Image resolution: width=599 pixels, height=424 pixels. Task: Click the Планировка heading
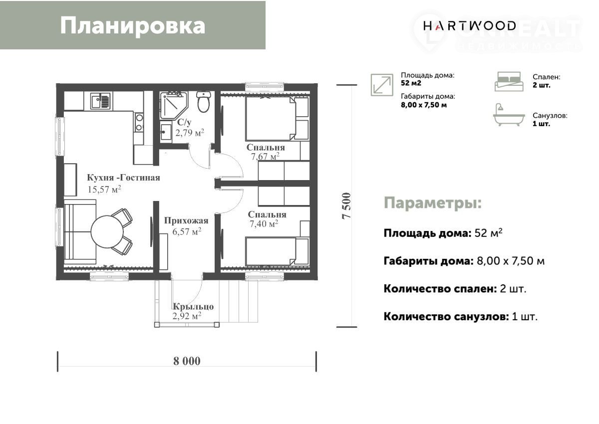pos(133,25)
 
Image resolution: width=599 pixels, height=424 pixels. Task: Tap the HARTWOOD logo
pos(469,26)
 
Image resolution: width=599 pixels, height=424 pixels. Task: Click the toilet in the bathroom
pos(204,102)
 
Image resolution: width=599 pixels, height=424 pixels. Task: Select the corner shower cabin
pos(174,105)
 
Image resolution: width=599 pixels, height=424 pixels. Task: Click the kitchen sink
pos(100,101)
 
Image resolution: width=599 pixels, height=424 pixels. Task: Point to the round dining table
pos(107,231)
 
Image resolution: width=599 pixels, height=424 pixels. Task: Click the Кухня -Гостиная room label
pos(124,178)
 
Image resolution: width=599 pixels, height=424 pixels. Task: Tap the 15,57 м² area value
pos(104,189)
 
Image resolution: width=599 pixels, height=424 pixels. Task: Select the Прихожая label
pos(186,220)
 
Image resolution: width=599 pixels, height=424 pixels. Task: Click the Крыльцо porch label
pos(193,306)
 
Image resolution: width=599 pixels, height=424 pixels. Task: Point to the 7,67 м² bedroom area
pos(265,156)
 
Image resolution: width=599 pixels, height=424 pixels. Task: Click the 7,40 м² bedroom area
pos(264,223)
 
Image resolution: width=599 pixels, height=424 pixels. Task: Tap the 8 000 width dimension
pos(187,361)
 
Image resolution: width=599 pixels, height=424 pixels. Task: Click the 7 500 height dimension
pos(346,206)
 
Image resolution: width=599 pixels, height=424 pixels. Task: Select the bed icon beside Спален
pos(509,81)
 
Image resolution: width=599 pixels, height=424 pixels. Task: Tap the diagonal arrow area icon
pos(382,85)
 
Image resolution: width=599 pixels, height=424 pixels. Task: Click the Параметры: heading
pos(433,203)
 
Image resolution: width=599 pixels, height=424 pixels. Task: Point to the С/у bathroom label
pos(185,122)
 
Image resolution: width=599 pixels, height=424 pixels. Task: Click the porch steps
pos(239,301)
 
